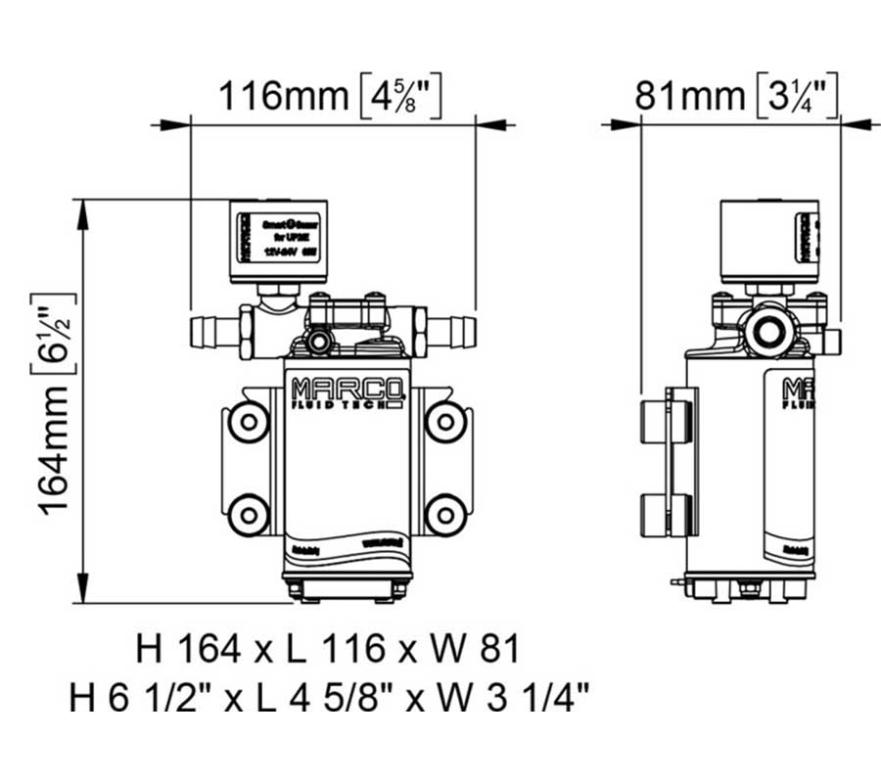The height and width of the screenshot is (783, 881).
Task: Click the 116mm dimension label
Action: tap(282, 96)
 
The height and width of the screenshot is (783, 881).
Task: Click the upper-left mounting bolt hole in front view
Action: tap(249, 422)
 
